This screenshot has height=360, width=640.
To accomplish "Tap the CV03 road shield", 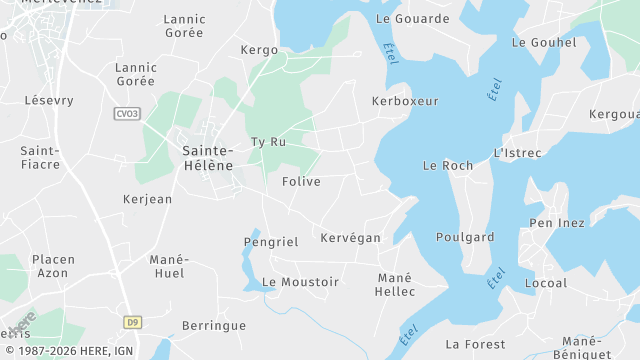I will (x=127, y=114).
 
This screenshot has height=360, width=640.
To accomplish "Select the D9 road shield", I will (x=132, y=322).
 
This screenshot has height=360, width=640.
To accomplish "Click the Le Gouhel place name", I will (x=544, y=43).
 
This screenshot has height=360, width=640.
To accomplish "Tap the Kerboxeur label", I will (x=405, y=102).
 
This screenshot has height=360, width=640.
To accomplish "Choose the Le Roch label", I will (x=448, y=165).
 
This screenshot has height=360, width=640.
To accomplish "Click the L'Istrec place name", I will (x=517, y=153).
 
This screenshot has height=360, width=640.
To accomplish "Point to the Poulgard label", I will (x=465, y=237).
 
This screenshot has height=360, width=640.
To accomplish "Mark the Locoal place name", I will (x=545, y=283).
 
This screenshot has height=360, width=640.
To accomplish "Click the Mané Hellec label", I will (x=395, y=284).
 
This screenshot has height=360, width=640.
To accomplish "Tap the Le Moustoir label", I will (x=300, y=282).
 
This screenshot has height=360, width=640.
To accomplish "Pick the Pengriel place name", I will (x=271, y=242).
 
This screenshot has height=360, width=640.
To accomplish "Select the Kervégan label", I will (x=350, y=238).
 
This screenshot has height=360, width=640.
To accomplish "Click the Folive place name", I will (x=301, y=182).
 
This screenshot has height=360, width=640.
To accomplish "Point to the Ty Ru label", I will (x=268, y=142).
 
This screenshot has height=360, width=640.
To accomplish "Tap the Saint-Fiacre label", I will (x=40, y=157).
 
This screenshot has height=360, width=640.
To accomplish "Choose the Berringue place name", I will (x=214, y=326).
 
